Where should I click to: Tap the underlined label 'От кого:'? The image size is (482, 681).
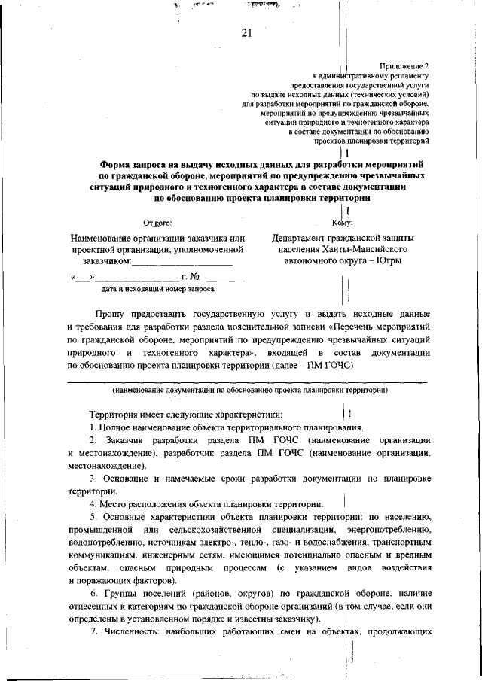click(157, 223)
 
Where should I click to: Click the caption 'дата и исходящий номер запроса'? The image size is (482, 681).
click(157, 289)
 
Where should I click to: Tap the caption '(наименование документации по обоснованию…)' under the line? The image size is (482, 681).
click(250, 391)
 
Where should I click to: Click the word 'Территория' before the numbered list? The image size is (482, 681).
click(114, 414)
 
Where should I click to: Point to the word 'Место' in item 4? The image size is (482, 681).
click(115, 503)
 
